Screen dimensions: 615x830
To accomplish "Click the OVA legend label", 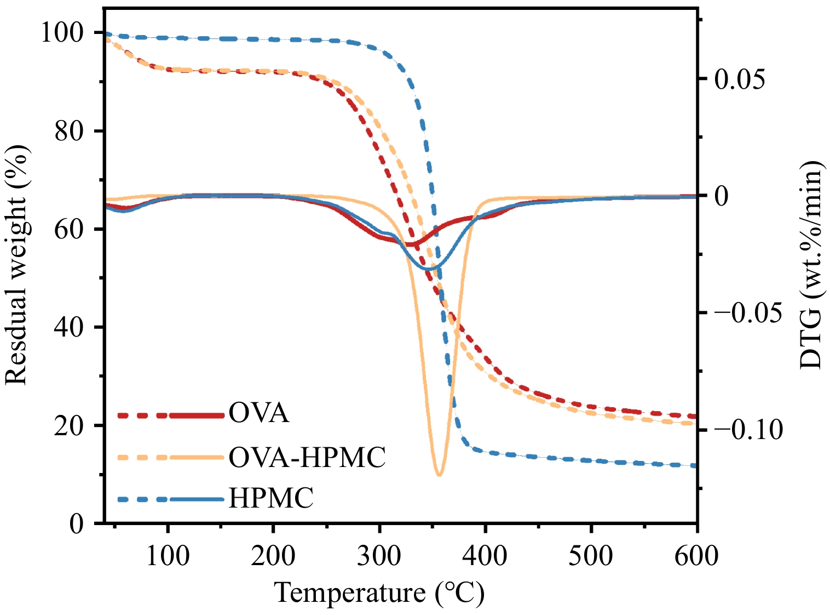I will coord(258,413).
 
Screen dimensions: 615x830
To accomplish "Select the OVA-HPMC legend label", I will coord(307,457).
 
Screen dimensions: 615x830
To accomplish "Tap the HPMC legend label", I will coord(271,498).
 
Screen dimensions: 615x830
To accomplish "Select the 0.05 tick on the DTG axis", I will coord(739,79).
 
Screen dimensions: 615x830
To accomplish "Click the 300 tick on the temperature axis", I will coord(379,556).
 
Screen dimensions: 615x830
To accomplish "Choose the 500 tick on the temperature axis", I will coord(591,556).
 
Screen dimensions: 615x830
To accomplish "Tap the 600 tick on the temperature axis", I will coord(696,556).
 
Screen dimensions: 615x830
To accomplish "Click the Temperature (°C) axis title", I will coord(379,593).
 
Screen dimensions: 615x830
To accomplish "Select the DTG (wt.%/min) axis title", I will coord(812,265).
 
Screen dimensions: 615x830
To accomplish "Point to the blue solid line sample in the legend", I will coord(197,499).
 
